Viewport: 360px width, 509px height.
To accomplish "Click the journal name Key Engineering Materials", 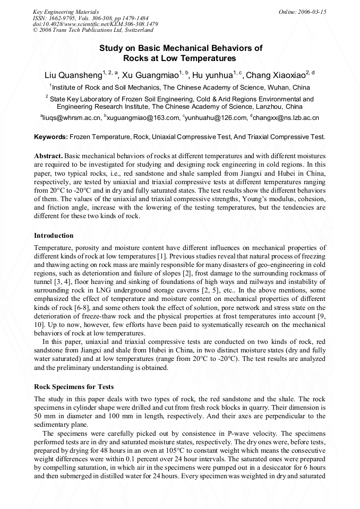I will [x=66, y=12].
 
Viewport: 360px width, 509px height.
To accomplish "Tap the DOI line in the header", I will [x=95, y=24].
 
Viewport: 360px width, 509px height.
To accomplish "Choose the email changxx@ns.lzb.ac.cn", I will [x=286, y=118].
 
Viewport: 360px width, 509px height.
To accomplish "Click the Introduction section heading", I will [x=54, y=235].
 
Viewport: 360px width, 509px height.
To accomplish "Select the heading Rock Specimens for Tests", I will [x=74, y=386].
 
